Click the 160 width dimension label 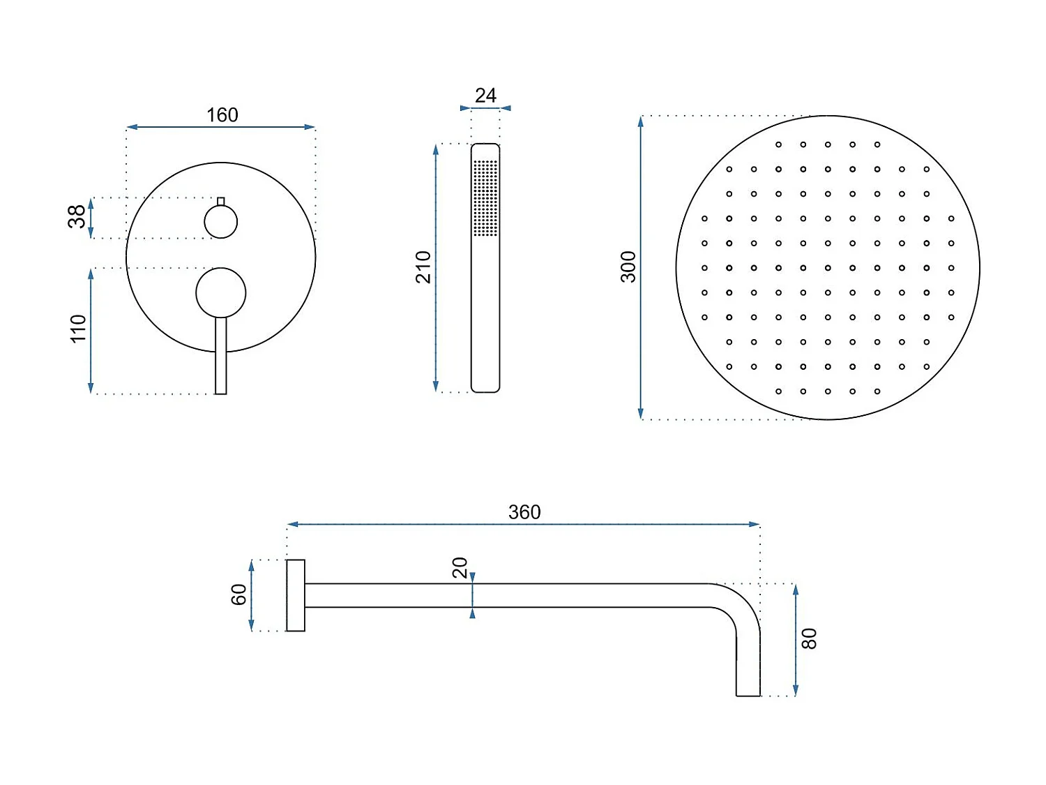[222, 115]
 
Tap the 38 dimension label [77, 216]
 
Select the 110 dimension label [78, 329]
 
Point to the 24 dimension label [485, 96]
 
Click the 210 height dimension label [423, 267]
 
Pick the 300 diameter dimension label [628, 267]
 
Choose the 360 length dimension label [524, 513]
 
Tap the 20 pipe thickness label [460, 568]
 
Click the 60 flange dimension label [238, 595]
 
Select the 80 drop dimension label [809, 638]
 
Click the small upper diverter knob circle [221, 223]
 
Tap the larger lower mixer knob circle [221, 292]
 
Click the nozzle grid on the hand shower [485, 197]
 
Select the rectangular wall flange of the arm [296, 595]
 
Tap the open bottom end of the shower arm [748, 694]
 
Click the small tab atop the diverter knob [221, 202]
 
